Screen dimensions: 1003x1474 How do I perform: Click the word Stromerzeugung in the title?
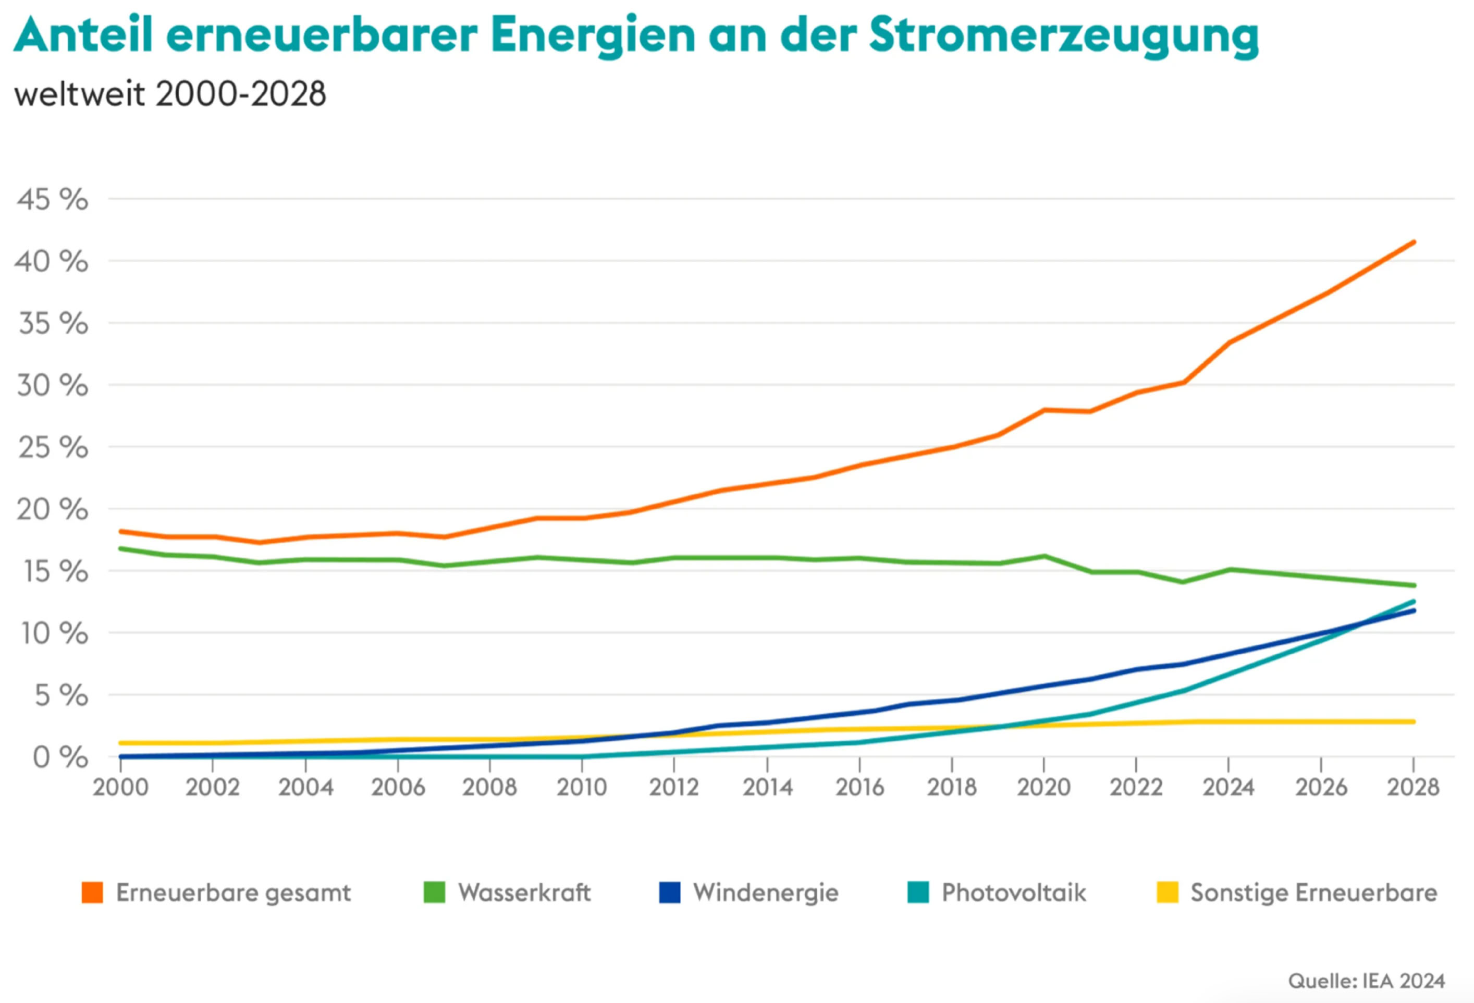[x=1064, y=35]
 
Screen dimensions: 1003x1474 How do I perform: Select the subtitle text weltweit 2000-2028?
[x=170, y=94]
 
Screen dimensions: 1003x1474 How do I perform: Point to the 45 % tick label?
[x=53, y=200]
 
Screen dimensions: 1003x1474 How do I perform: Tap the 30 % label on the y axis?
[x=53, y=385]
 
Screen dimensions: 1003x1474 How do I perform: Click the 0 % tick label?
[x=60, y=757]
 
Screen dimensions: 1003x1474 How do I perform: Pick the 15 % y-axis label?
[x=56, y=571]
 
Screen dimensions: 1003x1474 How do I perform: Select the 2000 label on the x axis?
[x=120, y=787]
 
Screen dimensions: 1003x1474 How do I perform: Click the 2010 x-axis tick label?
[x=582, y=787]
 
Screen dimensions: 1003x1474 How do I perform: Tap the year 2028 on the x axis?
[x=1413, y=787]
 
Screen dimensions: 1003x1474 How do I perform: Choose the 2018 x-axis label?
[x=951, y=787]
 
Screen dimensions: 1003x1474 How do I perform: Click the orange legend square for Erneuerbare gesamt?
[x=93, y=892]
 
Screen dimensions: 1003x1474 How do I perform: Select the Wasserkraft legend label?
[x=524, y=892]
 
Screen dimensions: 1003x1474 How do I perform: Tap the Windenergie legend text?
[x=766, y=892]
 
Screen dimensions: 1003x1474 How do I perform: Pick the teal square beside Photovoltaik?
[x=918, y=892]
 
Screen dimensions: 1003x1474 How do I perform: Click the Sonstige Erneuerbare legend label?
[x=1313, y=892]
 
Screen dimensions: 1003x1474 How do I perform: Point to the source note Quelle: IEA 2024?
[x=1366, y=981]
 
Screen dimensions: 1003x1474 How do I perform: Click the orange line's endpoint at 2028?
[x=1413, y=242]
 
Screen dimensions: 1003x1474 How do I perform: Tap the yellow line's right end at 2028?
[x=1413, y=721]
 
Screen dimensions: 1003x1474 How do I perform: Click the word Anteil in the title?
[x=84, y=35]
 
